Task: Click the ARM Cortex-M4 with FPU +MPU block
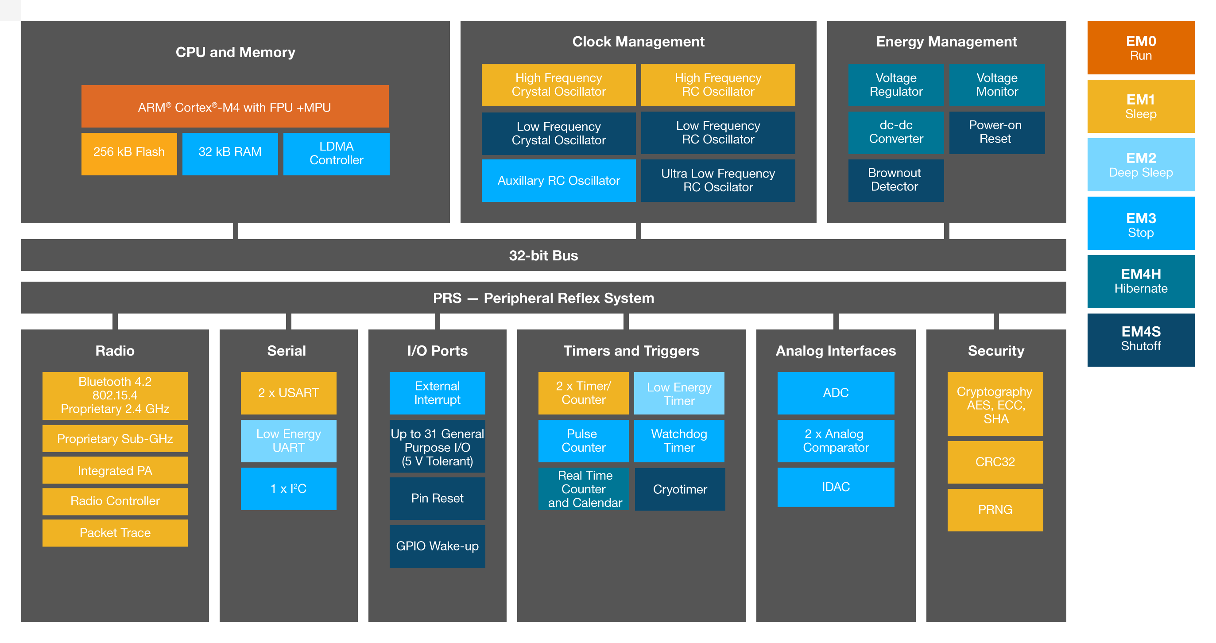coord(235,107)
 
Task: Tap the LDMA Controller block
coord(336,153)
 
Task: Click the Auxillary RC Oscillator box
coord(558,180)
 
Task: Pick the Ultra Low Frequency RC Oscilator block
coord(717,180)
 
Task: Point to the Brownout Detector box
coord(895,180)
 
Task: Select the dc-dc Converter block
coord(895,132)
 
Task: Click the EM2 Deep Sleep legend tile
coord(1140,165)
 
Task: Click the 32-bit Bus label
coord(543,256)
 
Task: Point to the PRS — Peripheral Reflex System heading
coord(543,298)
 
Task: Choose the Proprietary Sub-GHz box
coord(115,438)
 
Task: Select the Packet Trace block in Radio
coord(115,533)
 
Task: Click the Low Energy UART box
coord(288,441)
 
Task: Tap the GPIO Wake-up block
coord(437,546)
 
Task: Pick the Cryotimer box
coord(680,489)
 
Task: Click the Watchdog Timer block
coord(679,441)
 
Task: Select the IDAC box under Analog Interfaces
coord(836,487)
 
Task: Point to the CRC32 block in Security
coord(995,462)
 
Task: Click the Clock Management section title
coord(638,42)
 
